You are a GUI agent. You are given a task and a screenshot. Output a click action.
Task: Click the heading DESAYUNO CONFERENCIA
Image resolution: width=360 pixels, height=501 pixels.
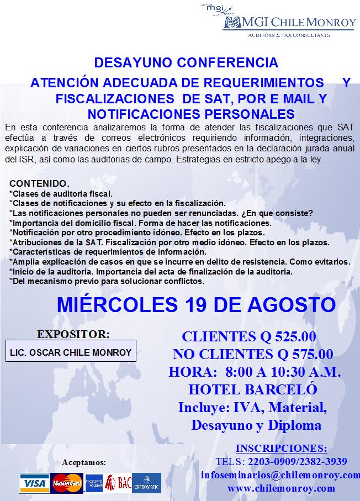(186, 62)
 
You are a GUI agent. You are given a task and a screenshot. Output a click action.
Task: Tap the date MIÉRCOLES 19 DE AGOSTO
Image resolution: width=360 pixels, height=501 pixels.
(197, 304)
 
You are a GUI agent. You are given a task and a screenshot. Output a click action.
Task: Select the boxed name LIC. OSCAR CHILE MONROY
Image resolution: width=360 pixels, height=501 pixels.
(71, 352)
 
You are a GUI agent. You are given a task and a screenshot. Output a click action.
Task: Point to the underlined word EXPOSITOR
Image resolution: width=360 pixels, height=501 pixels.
(73, 334)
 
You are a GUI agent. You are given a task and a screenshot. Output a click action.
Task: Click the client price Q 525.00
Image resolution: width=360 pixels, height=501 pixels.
(287, 336)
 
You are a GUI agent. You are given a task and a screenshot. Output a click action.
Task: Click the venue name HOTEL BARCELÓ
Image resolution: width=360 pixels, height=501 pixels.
(253, 389)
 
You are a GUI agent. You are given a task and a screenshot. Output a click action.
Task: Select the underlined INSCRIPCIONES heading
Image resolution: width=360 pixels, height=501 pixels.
(281, 448)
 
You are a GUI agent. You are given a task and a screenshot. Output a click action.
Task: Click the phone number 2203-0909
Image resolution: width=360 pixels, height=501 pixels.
(267, 461)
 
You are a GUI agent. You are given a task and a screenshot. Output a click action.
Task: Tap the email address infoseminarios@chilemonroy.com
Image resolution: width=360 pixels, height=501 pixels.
(280, 475)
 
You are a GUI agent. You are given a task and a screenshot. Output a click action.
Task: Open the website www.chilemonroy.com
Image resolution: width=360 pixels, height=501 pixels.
(281, 488)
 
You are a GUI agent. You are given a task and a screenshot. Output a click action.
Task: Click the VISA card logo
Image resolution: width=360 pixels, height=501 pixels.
(34, 483)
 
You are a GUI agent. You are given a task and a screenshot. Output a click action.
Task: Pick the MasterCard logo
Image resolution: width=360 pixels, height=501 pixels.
(67, 483)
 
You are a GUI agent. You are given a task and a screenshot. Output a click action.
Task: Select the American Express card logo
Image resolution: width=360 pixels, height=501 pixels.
(93, 483)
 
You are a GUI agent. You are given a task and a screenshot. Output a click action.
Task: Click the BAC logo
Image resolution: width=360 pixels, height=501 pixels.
(118, 483)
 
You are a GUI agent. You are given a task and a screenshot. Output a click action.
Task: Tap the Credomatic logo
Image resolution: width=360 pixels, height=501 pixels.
(146, 483)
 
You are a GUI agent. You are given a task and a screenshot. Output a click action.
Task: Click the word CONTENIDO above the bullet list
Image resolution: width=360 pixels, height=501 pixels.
(39, 183)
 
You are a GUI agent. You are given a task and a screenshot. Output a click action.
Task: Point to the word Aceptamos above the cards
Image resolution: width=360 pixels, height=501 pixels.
(84, 462)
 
